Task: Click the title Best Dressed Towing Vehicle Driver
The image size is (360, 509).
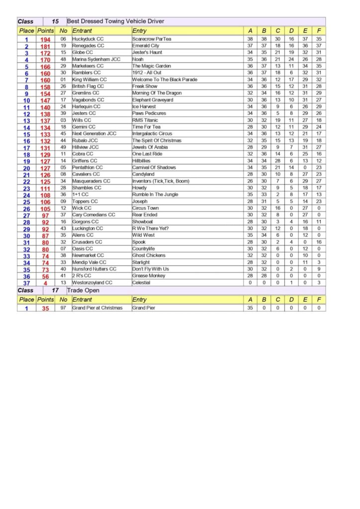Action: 115,21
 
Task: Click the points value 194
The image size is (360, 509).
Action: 46,39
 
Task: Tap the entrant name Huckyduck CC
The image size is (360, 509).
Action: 88,39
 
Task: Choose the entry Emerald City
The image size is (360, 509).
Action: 146,46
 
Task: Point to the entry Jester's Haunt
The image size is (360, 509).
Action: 148,52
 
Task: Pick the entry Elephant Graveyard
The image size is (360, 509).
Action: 153,100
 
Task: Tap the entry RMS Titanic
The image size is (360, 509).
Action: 145,120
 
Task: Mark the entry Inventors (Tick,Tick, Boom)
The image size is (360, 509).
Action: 161,181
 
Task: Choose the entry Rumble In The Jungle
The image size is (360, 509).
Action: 155,195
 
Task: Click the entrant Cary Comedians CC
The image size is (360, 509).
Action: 93,215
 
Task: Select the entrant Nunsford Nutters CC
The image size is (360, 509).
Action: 94,269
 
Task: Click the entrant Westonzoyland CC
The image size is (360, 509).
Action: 92,282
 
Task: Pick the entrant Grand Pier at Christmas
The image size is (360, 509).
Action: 97,308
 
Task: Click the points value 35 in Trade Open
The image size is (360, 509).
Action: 46,308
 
